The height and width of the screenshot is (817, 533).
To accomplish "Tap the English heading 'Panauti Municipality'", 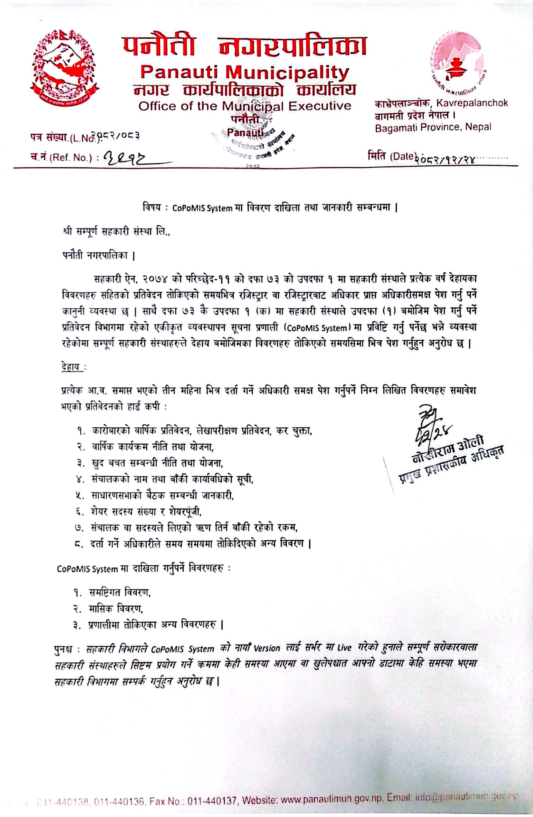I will (245, 72).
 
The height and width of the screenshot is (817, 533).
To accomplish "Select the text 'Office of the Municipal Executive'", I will (245, 106).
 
